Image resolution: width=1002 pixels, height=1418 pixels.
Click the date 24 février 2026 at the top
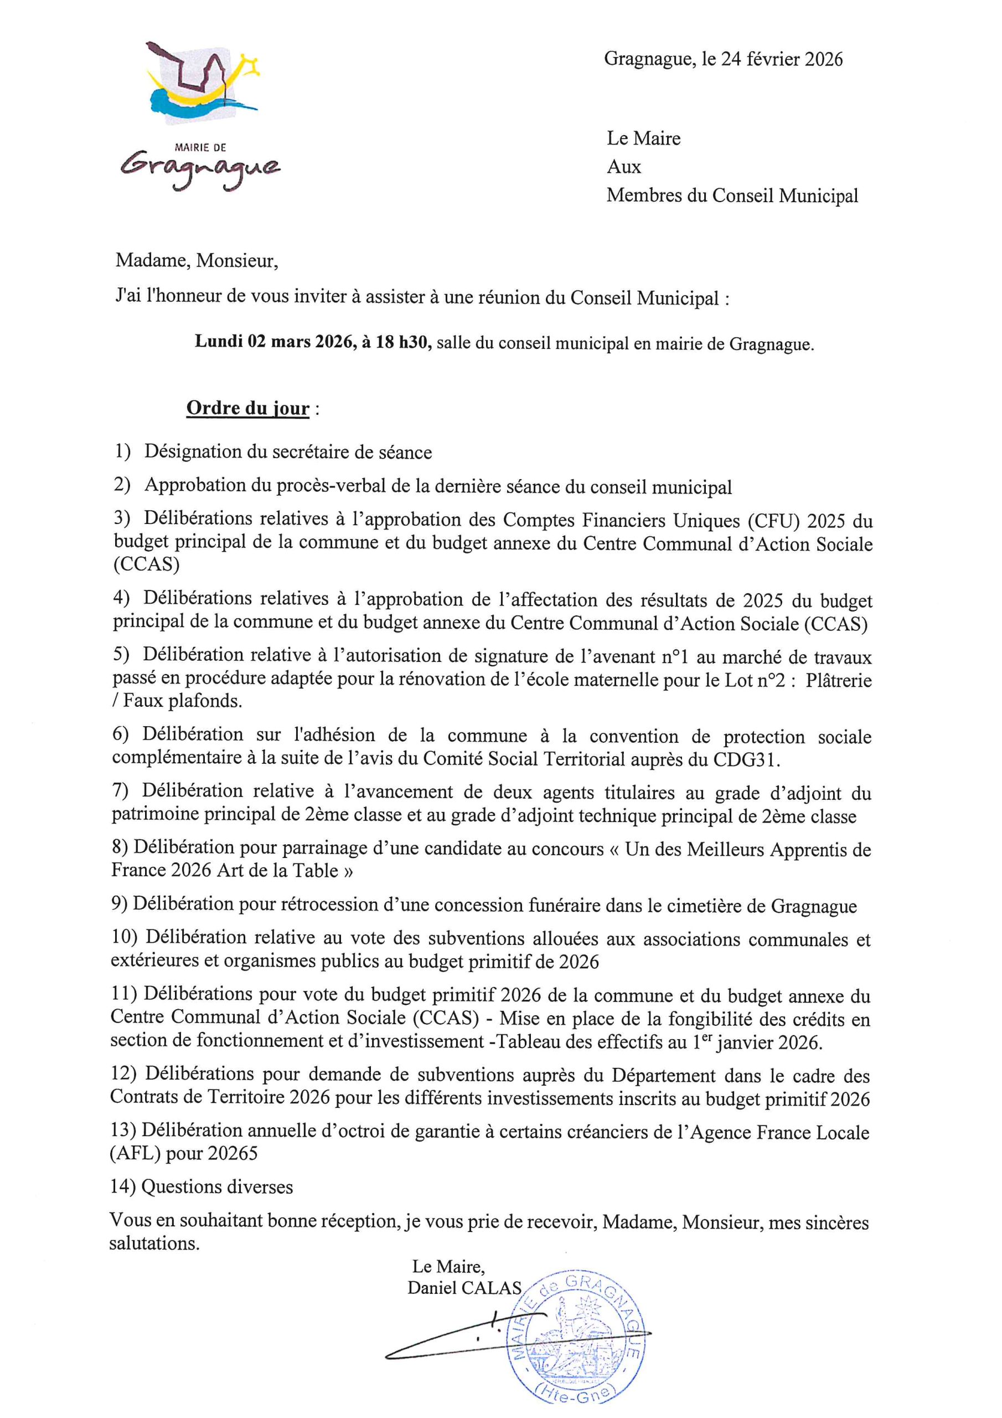click(x=781, y=59)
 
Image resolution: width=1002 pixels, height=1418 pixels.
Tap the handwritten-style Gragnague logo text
click(x=200, y=169)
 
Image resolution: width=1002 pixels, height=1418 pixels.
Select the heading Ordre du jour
click(x=247, y=408)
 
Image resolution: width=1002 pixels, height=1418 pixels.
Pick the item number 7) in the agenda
click(x=120, y=790)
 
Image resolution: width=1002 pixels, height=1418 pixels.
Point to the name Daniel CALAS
click(x=464, y=1288)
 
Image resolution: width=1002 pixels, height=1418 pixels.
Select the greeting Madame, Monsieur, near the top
click(x=197, y=261)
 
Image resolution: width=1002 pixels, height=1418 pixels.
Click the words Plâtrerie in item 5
click(x=838, y=680)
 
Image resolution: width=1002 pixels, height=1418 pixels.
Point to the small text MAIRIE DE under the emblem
click(x=200, y=147)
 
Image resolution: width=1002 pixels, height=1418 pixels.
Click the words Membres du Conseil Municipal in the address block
click(x=732, y=195)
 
